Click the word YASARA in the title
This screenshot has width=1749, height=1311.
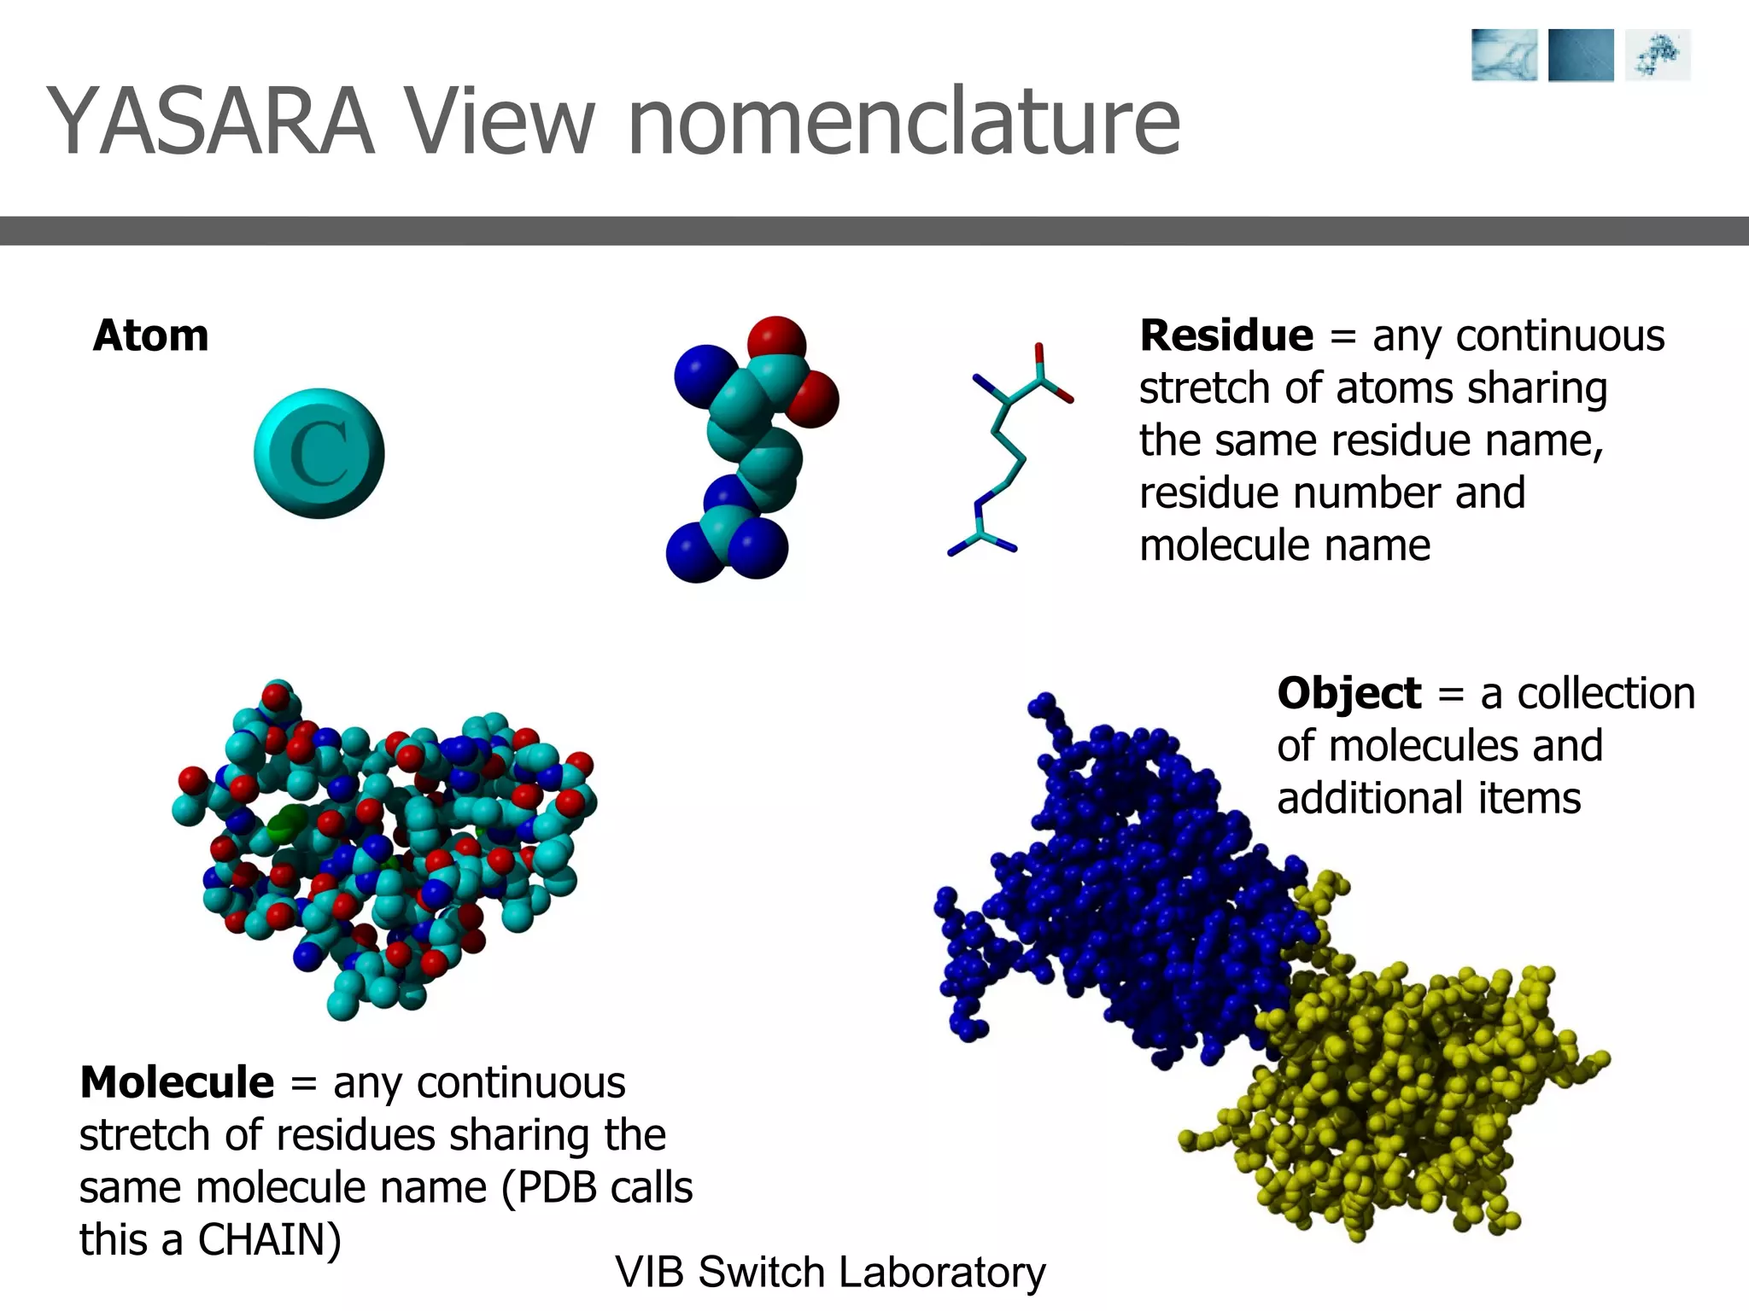tap(210, 121)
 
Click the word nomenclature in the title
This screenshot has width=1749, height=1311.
tap(904, 121)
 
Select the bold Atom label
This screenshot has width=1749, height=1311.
tap(151, 335)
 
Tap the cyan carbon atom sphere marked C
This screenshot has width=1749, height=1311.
tap(319, 453)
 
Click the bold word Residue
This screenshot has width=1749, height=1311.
tap(1226, 335)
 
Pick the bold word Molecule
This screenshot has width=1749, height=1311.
tap(177, 1082)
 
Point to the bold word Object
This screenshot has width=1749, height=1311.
tap(1348, 693)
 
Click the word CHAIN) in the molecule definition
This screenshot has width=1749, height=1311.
tap(269, 1239)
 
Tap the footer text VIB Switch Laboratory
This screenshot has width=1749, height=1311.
tap(830, 1272)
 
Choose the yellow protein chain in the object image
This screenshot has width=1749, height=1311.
tap(1401, 1092)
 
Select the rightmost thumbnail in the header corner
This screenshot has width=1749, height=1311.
tap(1657, 55)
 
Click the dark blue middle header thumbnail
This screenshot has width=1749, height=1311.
tap(1581, 55)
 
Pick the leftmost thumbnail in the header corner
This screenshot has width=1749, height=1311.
tap(1504, 55)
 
